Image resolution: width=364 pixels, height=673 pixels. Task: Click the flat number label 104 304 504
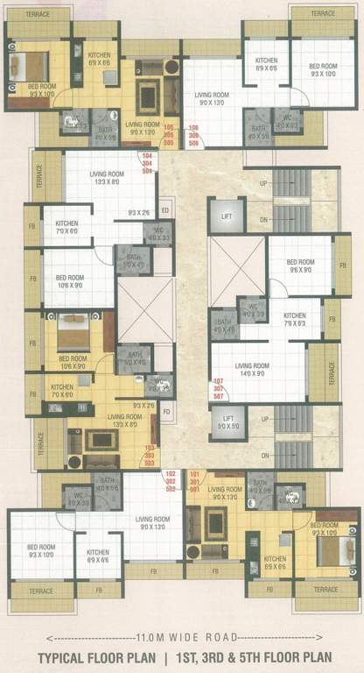click(x=147, y=164)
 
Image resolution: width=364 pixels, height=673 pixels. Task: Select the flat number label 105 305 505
click(x=169, y=133)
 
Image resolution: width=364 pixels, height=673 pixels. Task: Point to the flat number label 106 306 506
click(x=194, y=133)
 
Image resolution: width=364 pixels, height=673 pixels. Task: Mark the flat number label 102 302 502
click(x=171, y=481)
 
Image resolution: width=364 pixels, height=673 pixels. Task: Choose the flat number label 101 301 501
click(x=195, y=481)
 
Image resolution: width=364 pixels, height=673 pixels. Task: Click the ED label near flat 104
click(x=165, y=210)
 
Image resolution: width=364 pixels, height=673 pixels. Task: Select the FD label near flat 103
click(x=166, y=411)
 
